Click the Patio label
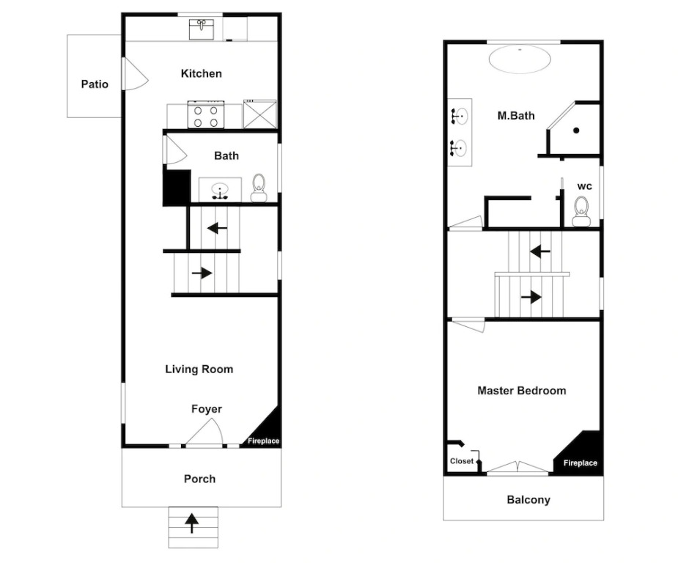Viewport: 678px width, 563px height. [95, 84]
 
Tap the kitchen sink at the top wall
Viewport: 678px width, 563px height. [201, 29]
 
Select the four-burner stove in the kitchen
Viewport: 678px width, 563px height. [206, 114]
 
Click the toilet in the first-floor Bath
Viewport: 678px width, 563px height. [259, 188]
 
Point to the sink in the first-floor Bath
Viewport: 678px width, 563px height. [220, 191]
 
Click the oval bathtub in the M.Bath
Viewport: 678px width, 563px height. [520, 59]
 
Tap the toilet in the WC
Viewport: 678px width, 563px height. [581, 211]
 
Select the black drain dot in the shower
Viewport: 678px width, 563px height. [576, 130]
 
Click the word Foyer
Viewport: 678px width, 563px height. [207, 409]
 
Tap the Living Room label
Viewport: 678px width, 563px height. [199, 369]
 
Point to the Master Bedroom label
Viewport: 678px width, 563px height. [521, 391]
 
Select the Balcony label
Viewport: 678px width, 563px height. [528, 500]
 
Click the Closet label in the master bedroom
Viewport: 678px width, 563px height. [462, 461]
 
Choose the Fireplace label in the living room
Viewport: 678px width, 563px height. [263, 441]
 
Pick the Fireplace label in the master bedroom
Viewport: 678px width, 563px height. [581, 463]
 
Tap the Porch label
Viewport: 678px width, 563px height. [199, 479]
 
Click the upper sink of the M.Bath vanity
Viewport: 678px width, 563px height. [459, 117]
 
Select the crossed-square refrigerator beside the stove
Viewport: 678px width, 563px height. [260, 114]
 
